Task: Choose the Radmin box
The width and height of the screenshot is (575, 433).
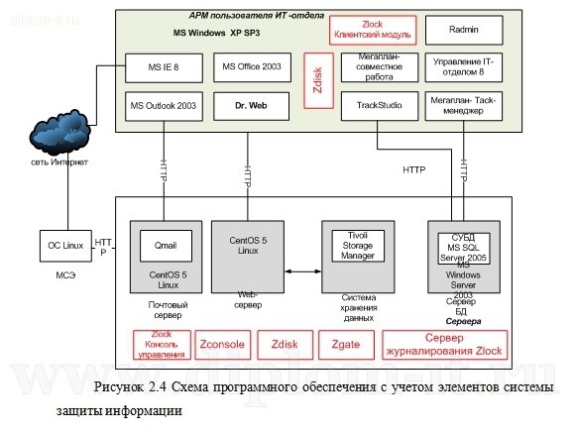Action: click(463, 31)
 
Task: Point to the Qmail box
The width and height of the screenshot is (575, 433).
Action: click(166, 243)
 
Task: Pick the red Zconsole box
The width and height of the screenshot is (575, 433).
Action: click(222, 345)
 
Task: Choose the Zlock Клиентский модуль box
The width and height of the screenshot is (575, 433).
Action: click(373, 32)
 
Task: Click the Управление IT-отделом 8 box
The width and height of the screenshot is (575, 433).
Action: click(463, 67)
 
